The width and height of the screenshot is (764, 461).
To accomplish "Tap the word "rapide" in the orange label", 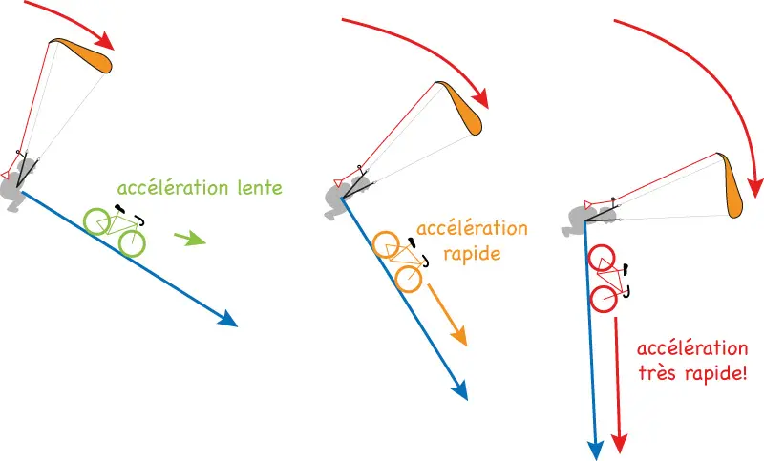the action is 472,254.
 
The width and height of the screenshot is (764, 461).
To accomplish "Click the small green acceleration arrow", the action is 189,239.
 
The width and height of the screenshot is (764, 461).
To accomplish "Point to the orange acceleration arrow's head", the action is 458,336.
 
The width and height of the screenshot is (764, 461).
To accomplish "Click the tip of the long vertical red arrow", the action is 619,451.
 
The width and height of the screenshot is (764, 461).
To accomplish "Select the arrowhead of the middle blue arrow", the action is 459,390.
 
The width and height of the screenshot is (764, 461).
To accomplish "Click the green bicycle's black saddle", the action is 119,208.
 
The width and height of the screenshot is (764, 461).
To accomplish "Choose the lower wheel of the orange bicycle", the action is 409,279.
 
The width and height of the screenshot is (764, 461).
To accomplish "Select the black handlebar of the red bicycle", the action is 628,291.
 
